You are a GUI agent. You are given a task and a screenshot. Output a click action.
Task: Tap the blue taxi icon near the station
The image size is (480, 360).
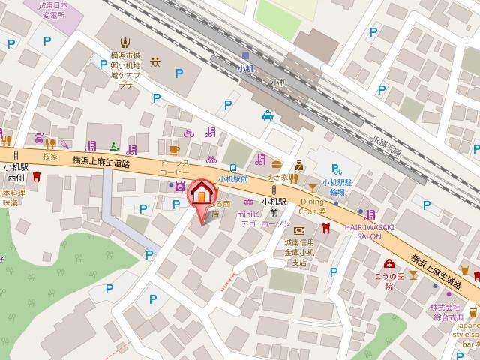point(268,115)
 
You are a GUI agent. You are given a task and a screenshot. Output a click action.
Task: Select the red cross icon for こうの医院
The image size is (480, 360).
point(389,263)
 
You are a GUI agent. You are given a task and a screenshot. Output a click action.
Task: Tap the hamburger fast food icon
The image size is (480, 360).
point(277,163)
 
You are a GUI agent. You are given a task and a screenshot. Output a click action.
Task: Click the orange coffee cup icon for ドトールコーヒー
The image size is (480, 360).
point(174,149)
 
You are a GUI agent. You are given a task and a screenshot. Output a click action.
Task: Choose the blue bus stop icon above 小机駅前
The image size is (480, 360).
point(234,168)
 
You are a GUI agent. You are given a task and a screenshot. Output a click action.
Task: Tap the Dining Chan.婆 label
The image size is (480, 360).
point(312,206)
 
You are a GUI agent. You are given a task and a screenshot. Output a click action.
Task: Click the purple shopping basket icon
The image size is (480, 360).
point(248,201)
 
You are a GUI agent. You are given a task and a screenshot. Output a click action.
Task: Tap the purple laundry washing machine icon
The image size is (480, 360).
point(179,185)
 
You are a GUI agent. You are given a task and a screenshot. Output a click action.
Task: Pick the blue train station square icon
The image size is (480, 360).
point(245,56)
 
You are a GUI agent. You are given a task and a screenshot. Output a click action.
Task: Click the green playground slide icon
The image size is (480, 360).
point(113,146)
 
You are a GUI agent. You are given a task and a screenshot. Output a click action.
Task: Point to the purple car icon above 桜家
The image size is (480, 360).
point(39,139)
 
